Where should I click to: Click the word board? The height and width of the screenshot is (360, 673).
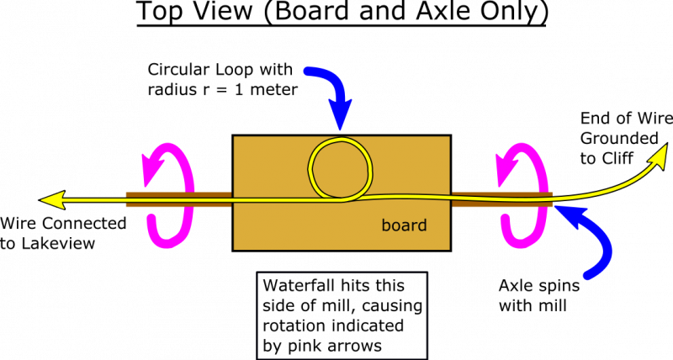coord(404,225)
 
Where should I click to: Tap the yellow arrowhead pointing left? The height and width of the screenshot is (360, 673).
coord(52,200)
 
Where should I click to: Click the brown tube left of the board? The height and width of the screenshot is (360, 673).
coord(178,199)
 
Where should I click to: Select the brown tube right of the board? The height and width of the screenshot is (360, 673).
coord(501,199)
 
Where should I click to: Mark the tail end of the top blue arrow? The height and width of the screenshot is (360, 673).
coord(309,71)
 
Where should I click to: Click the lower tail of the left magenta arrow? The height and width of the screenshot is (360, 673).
coord(151,220)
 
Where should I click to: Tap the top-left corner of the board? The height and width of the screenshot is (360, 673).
coord(235,137)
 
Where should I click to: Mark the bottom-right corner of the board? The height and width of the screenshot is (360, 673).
coord(448,248)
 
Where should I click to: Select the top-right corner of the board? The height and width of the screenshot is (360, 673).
coord(448,137)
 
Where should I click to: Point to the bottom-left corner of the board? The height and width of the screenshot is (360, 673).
coord(235,248)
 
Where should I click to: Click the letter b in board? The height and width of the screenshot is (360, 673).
coord(385,225)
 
